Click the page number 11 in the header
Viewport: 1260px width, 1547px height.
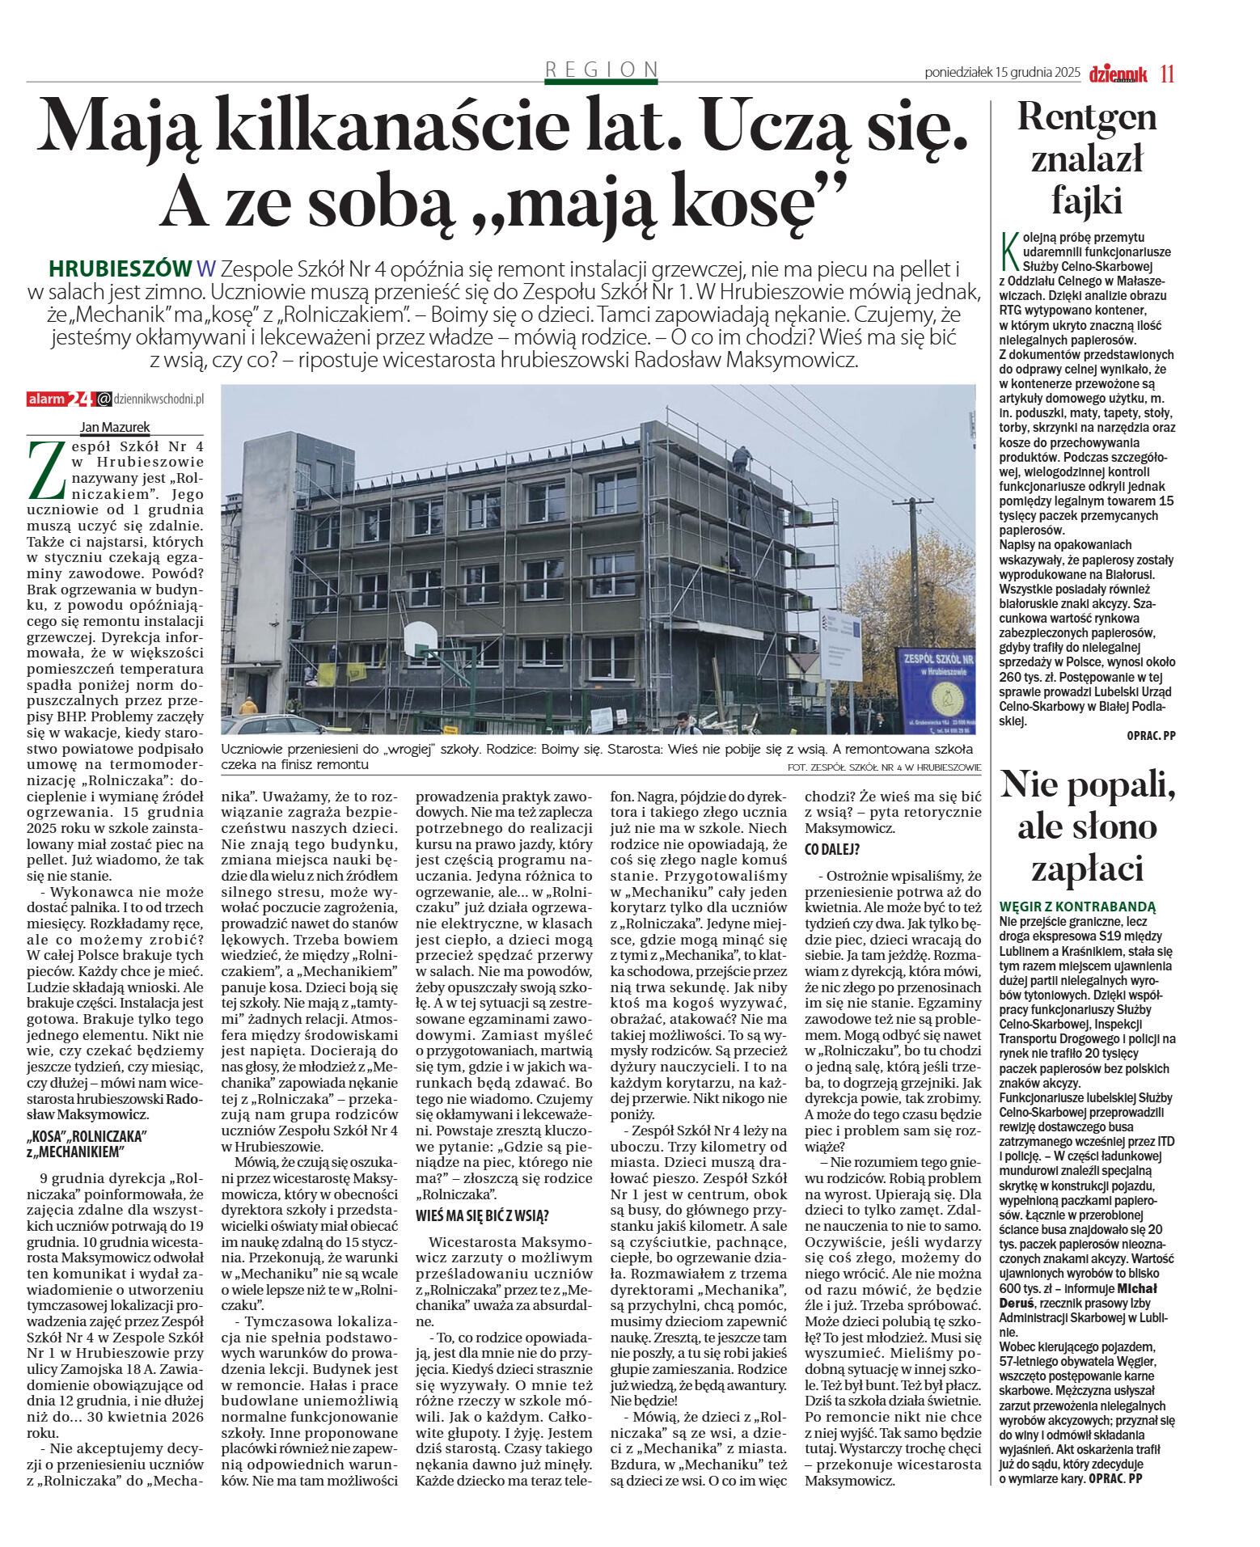pos(1166,74)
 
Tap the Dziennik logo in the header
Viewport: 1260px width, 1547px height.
pos(1118,74)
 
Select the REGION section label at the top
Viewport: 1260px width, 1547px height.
pos(601,70)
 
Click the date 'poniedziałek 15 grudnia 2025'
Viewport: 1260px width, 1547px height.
pos(1002,73)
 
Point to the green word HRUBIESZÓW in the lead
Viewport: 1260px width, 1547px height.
pos(120,268)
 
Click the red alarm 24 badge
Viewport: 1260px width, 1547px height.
pos(61,399)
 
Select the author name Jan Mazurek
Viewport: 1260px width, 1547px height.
pos(114,428)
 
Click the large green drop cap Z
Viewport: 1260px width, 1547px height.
pos(45,471)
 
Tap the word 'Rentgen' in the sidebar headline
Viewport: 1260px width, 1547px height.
pos(1086,117)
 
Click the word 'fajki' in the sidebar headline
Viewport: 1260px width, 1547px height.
pos(1086,200)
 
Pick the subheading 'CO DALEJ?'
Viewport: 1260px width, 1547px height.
pos(831,849)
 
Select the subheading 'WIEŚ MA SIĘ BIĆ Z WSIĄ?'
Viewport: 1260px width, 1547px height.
pos(482,1215)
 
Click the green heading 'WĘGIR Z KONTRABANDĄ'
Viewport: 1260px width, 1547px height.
pos(1077,907)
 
